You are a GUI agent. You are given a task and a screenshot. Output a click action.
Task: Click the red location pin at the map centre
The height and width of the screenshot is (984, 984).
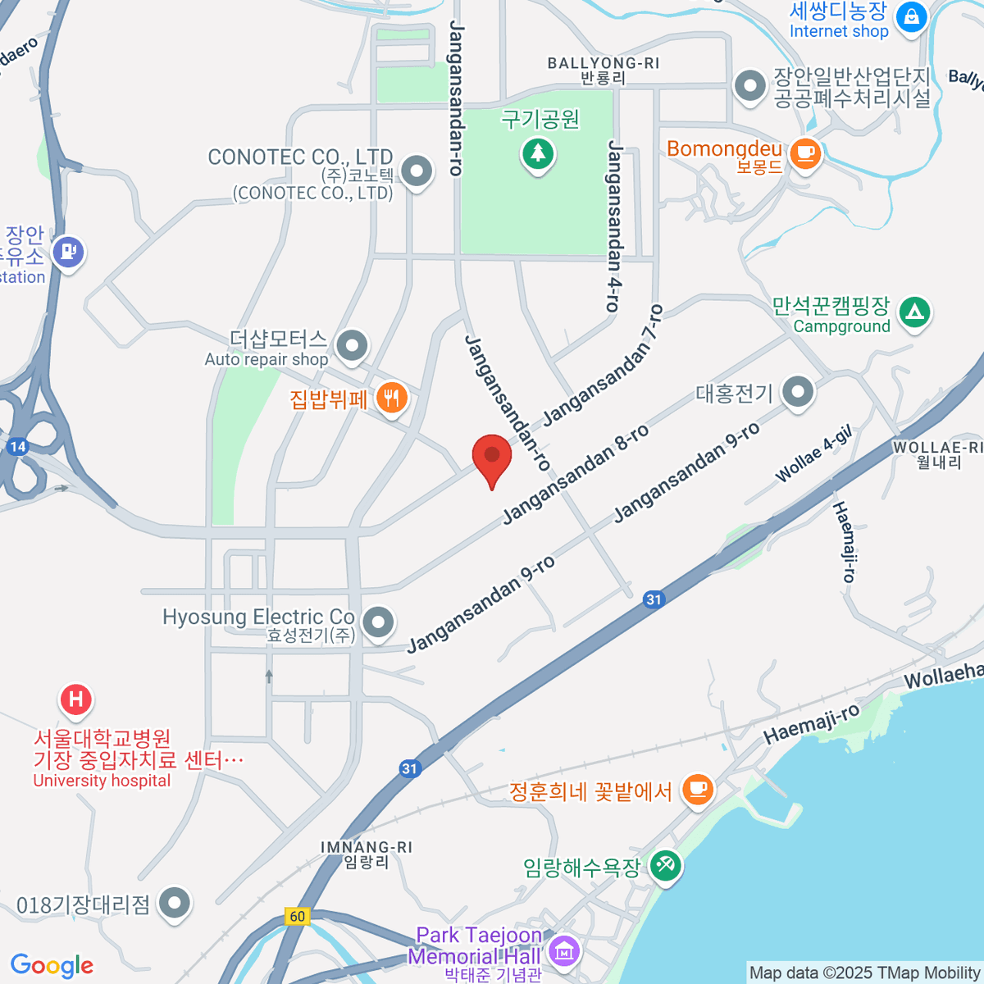tap(492, 456)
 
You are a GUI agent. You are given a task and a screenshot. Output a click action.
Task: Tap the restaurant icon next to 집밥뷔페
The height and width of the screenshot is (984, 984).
tap(392, 399)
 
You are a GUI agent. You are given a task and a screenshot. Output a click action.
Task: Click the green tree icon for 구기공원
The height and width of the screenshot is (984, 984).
tap(538, 153)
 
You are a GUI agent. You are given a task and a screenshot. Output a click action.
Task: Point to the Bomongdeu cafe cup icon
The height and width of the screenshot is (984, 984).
tap(805, 152)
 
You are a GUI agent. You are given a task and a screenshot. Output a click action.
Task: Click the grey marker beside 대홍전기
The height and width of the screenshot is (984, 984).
tap(797, 392)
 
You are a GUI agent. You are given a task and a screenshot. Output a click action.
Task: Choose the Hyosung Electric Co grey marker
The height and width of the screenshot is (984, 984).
tap(377, 622)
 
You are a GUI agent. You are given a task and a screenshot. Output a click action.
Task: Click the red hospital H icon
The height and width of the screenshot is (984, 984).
tap(76, 699)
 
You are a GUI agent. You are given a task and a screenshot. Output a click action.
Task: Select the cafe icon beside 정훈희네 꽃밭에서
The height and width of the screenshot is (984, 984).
tap(697, 790)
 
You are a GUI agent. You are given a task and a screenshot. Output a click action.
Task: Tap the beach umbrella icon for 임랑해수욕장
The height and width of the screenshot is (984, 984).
tap(665, 865)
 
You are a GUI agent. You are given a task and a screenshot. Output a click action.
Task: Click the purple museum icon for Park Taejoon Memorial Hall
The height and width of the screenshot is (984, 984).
tap(563, 951)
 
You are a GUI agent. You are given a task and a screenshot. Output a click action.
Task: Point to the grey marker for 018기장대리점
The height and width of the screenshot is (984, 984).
tap(174, 904)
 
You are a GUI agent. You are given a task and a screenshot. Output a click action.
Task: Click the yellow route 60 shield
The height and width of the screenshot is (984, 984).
tap(297, 917)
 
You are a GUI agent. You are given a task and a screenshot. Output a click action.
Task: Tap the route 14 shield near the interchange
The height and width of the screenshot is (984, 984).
tap(17, 447)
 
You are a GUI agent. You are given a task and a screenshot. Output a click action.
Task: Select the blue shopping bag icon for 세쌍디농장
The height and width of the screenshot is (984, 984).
tap(910, 16)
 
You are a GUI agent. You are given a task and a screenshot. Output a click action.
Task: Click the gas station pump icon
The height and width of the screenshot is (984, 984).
tap(68, 251)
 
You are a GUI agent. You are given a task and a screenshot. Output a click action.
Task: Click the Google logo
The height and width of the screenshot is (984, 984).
tap(52, 965)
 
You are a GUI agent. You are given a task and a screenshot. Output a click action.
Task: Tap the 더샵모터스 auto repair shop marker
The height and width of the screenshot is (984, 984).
tap(353, 345)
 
